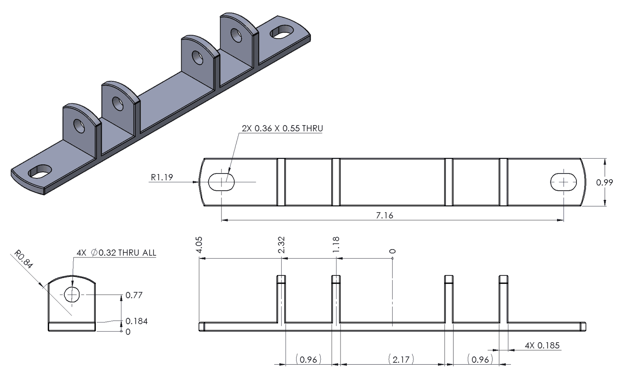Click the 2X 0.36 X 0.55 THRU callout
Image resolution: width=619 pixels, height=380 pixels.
pyautogui.click(x=282, y=128)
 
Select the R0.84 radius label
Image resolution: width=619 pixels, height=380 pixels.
pyautogui.click(x=24, y=260)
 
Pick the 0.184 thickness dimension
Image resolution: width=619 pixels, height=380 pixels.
pyautogui.click(x=136, y=321)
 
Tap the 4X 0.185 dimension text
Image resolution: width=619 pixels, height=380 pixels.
pyautogui.click(x=542, y=345)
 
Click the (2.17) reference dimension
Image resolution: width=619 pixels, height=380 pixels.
pyautogui.click(x=401, y=359)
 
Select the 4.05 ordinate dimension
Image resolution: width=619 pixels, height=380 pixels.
pyautogui.click(x=200, y=244)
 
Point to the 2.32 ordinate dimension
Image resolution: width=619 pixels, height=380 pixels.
pyautogui.click(x=282, y=244)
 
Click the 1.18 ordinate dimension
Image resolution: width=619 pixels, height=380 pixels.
pyautogui.click(x=336, y=244)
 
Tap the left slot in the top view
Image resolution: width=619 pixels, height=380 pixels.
pyautogui.click(x=222, y=181)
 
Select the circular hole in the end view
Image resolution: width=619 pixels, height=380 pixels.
pyautogui.click(x=72, y=294)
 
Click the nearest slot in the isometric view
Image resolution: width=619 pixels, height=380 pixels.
pyautogui.click(x=40, y=171)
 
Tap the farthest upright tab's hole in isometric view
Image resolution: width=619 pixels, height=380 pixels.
pyautogui.click(x=236, y=35)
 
